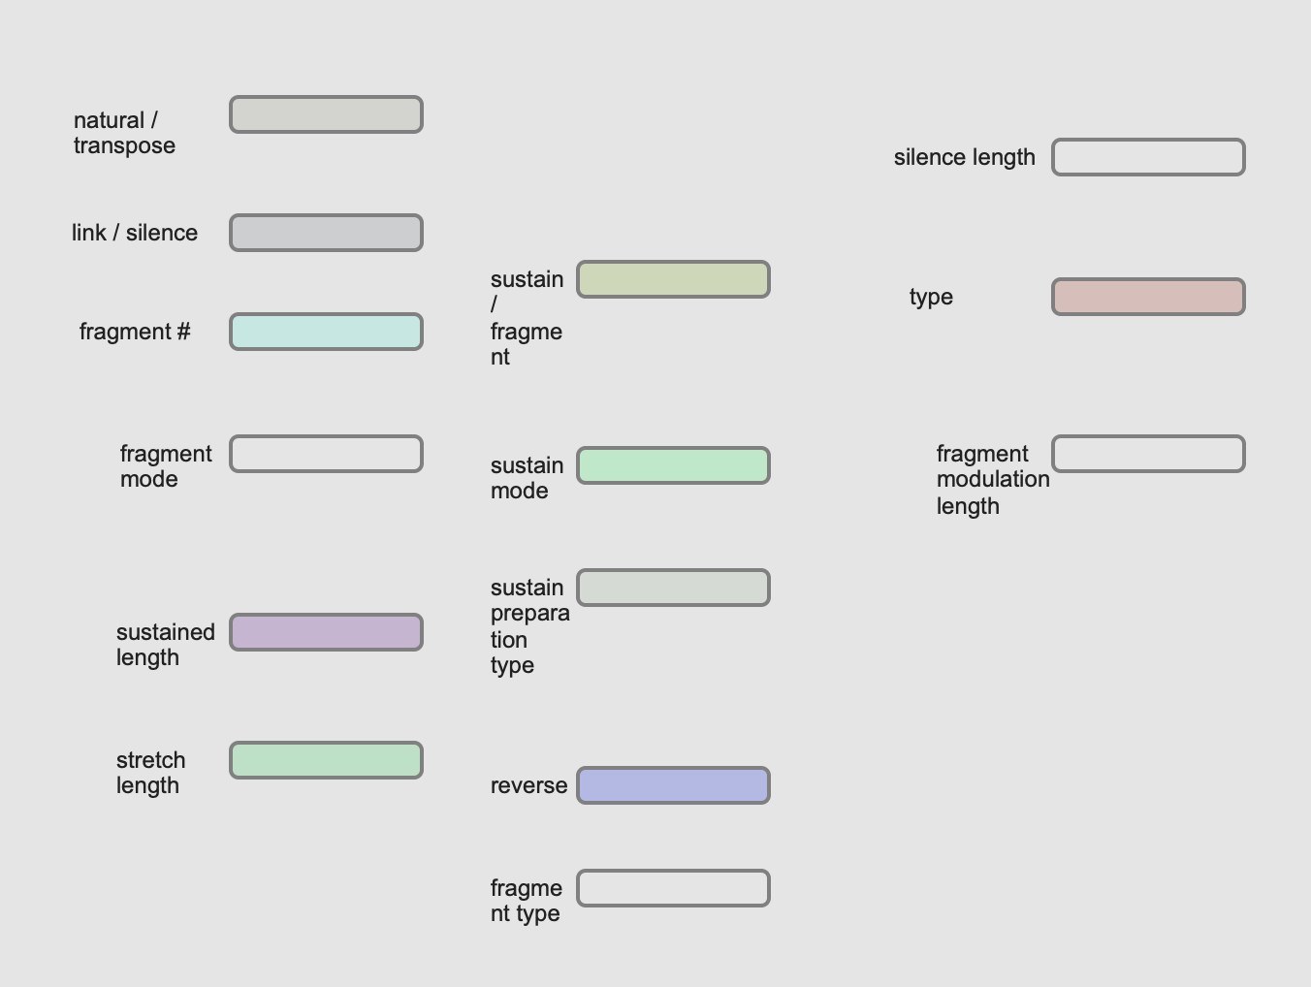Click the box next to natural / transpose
click(326, 114)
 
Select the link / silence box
click(326, 233)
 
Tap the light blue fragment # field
click(326, 332)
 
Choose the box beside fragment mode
click(326, 454)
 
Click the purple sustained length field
click(326, 632)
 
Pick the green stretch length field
click(326, 760)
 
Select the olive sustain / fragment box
click(673, 279)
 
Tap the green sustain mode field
click(673, 465)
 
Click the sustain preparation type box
click(673, 588)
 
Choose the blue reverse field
click(673, 785)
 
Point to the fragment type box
click(673, 888)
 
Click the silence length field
click(1148, 157)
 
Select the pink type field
click(1148, 297)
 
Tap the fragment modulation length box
click(1148, 454)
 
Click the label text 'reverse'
click(528, 785)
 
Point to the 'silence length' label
click(964, 157)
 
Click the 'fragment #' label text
click(135, 332)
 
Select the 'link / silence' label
click(135, 233)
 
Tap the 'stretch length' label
click(150, 773)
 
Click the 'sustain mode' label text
click(527, 478)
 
